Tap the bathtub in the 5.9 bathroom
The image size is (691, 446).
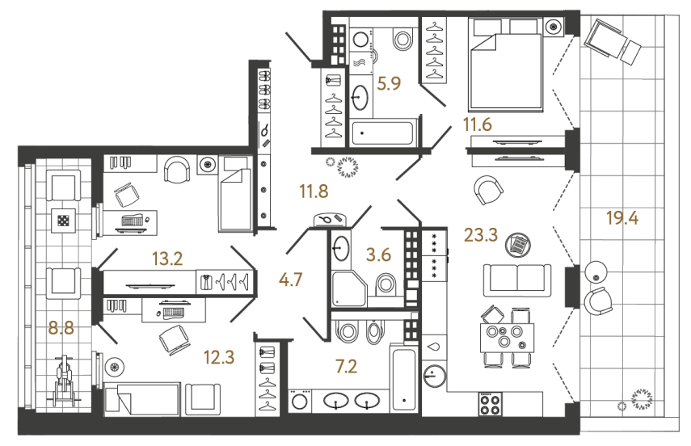tap(383, 133)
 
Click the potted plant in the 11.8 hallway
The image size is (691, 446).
tap(350, 166)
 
